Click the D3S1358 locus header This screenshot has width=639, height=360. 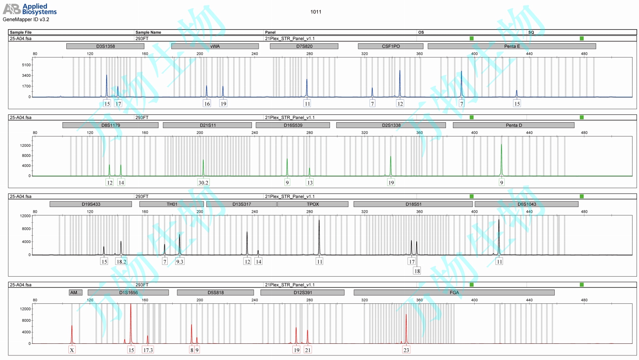pyautogui.click(x=105, y=46)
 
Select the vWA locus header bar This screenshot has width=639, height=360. pyautogui.click(x=215, y=46)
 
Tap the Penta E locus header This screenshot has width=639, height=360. pyautogui.click(x=512, y=46)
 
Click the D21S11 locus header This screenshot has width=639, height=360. pyautogui.click(x=207, y=125)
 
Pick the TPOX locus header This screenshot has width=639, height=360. pyautogui.click(x=313, y=204)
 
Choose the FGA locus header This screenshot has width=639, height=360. pyautogui.click(x=454, y=292)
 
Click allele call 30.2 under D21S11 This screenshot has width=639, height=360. pyautogui.click(x=203, y=182)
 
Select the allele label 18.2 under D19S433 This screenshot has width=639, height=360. pyautogui.click(x=121, y=262)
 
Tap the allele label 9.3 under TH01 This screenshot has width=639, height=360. pyautogui.click(x=179, y=262)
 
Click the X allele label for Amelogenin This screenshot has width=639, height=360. pyautogui.click(x=72, y=350)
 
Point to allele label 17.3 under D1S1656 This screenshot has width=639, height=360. pyautogui.click(x=148, y=350)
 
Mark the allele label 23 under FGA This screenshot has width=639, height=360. pyautogui.click(x=406, y=350)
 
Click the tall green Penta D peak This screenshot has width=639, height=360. pyautogui.click(x=501, y=159)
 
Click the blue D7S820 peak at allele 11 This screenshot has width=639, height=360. pyautogui.click(x=307, y=88)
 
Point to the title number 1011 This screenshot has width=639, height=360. pyautogui.click(x=316, y=12)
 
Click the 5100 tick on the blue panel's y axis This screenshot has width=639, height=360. pyautogui.click(x=27, y=65)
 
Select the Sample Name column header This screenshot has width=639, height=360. pyautogui.click(x=148, y=32)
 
